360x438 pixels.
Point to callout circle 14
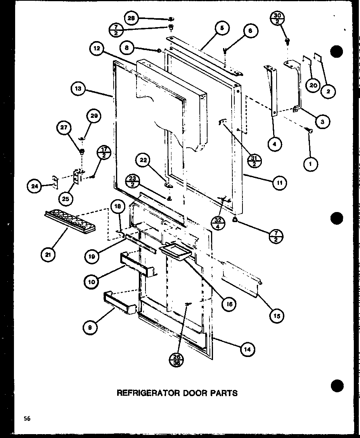tap(247, 349)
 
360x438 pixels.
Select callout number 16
tap(229, 304)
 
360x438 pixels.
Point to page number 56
tap(26, 418)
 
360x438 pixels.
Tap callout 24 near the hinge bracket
tap(34, 186)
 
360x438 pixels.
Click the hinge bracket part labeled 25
tap(78, 177)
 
